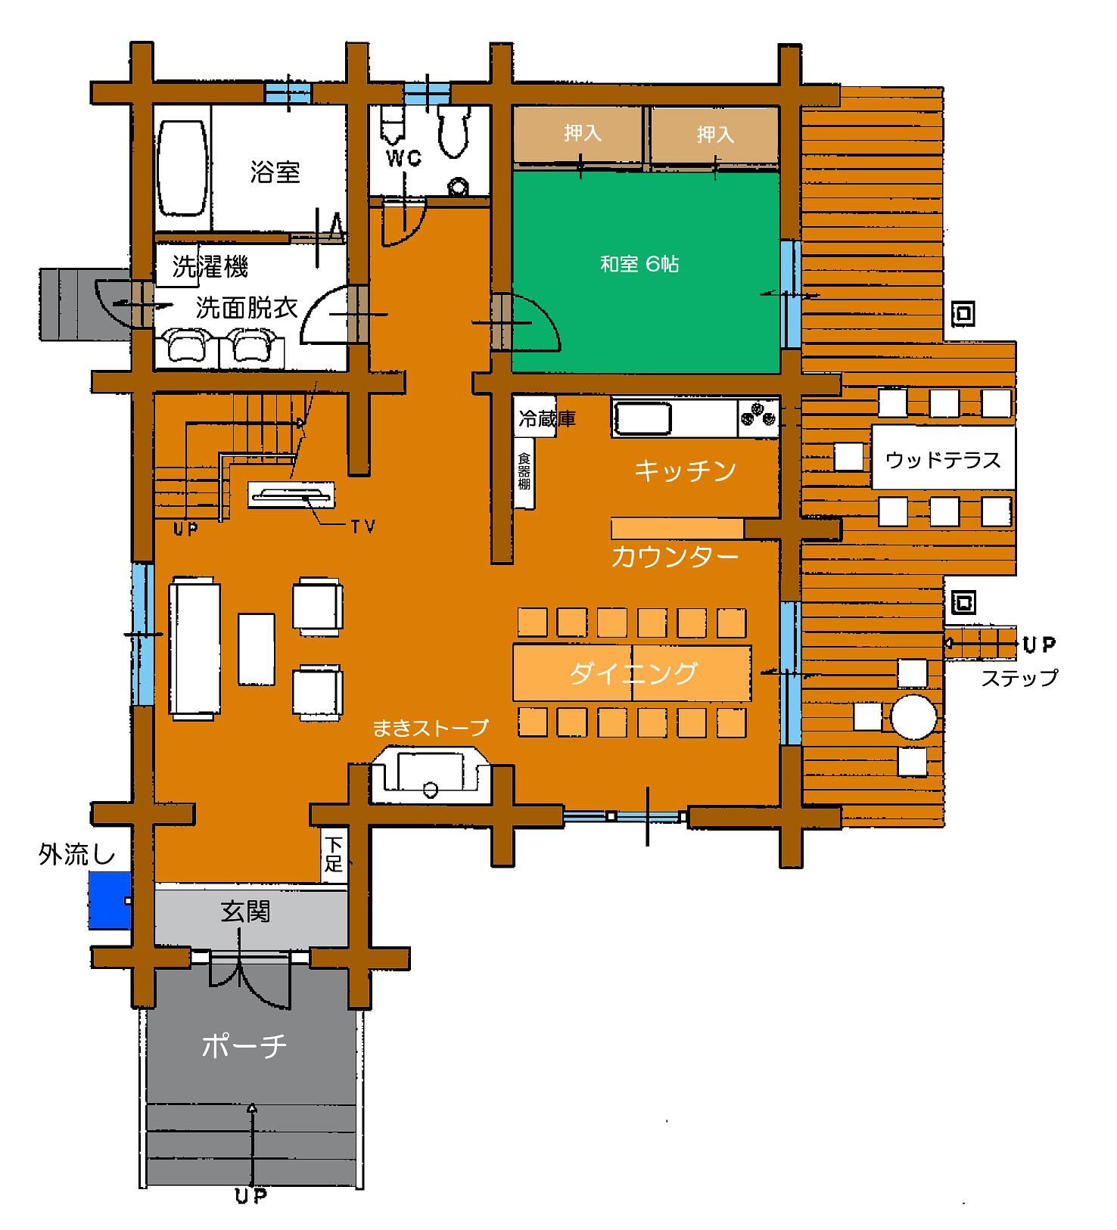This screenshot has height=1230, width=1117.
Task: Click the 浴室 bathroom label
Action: pos(275,172)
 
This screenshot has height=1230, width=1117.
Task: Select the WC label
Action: pos(404,159)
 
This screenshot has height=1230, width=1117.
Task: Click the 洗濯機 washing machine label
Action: pos(210,266)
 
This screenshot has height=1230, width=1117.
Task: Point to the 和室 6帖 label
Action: pos(639,264)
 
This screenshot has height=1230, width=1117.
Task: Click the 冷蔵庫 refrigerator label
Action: pos(547,418)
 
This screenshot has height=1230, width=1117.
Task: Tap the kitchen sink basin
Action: pos(643,418)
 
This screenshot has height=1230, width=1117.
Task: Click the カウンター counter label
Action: pos(674,557)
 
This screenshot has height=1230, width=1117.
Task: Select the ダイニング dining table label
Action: pos(633,672)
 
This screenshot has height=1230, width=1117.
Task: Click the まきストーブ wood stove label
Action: pos(431,728)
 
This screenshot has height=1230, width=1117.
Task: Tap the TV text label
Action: pos(363,526)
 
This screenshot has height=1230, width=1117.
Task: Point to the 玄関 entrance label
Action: pos(245,912)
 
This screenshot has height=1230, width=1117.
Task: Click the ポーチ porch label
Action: pos(244,1045)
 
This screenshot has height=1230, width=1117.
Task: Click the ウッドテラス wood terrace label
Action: pos(943,460)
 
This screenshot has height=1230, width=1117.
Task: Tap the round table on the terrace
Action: pos(914,716)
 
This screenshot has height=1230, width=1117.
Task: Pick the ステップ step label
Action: pos(1019,678)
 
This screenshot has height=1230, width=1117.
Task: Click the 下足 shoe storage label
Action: pos(334,854)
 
